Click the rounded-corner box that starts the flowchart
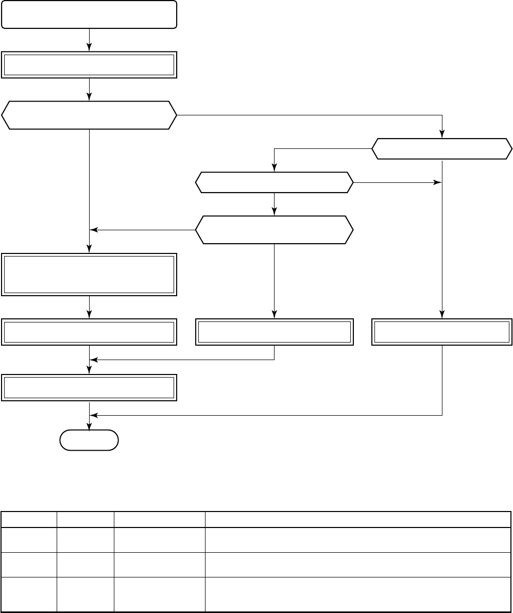(x=90, y=14)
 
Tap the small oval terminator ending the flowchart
(x=89, y=440)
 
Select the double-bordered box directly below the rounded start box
(x=90, y=65)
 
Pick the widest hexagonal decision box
(x=90, y=115)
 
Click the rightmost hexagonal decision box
(x=442, y=149)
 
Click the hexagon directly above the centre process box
(x=275, y=229)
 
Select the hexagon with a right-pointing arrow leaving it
(x=275, y=182)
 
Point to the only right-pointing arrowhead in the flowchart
(x=438, y=182)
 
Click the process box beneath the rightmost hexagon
(x=442, y=332)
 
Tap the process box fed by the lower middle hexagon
(x=275, y=332)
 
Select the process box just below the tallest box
(x=90, y=332)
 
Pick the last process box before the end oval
(x=90, y=388)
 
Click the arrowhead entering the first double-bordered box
(x=90, y=48)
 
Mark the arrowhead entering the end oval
(x=90, y=426)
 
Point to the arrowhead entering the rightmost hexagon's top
(x=442, y=135)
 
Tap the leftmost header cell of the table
(x=29, y=519)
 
